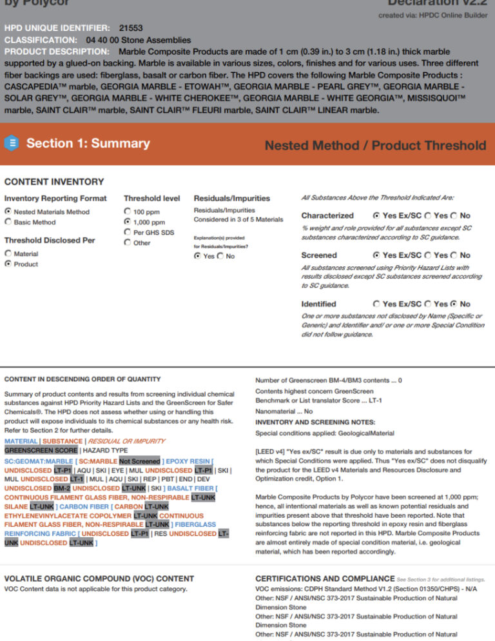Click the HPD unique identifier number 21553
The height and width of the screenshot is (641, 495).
tap(131, 28)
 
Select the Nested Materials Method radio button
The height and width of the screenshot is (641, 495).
tap(8, 212)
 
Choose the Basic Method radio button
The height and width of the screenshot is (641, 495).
tap(8, 222)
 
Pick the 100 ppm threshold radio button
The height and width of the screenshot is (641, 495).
tap(127, 212)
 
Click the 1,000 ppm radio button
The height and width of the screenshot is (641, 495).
tap(127, 222)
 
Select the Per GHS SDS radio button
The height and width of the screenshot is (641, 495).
tap(127, 232)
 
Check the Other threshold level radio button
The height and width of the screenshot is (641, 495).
tap(127, 242)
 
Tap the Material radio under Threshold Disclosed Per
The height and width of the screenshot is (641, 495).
tap(8, 254)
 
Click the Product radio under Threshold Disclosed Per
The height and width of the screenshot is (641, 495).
tap(8, 264)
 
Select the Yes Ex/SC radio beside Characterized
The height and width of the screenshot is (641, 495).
tap(376, 216)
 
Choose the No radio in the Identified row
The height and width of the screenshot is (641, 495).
tap(454, 304)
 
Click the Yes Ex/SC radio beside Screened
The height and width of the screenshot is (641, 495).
tap(376, 255)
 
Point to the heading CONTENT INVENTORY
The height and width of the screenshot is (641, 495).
tap(53, 182)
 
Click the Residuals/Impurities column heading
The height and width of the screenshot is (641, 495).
tap(223, 198)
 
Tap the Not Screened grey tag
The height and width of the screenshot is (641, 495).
tap(139, 462)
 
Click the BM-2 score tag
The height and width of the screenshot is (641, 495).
tap(62, 488)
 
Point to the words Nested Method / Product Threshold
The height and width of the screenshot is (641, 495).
tap(375, 145)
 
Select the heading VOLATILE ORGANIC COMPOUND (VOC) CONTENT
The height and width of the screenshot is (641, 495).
tap(99, 578)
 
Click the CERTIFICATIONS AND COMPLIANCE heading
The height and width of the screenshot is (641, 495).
tap(325, 578)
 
